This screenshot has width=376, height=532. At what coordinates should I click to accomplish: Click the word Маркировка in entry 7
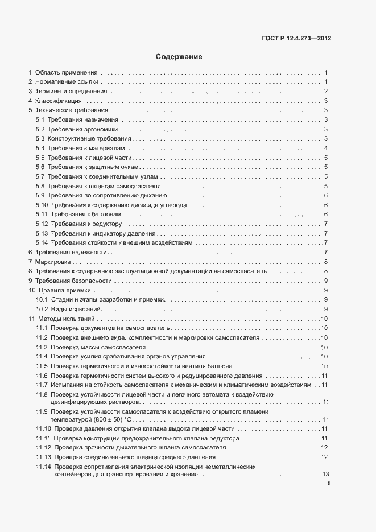pos(52,262)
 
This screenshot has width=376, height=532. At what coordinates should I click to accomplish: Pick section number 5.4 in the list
pos(40,148)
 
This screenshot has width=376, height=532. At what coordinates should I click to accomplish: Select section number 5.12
pos(42,224)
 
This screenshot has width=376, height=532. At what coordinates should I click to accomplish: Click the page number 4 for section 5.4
pos(325,148)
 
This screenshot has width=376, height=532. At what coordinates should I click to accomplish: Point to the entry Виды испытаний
pos(76,309)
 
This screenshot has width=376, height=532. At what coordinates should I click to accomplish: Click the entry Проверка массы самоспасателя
pos(99,347)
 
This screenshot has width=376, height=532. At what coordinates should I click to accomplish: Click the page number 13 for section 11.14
pos(326,474)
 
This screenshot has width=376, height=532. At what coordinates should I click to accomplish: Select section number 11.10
pos(43,428)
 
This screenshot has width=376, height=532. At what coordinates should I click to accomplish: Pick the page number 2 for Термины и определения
pos(325,92)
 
